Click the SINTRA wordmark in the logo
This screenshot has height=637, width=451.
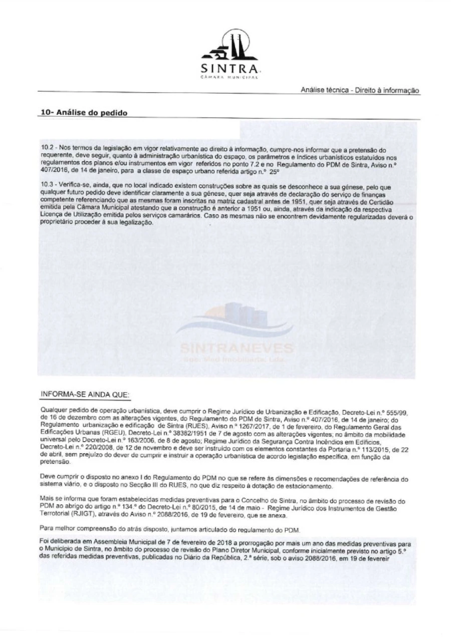point(230,68)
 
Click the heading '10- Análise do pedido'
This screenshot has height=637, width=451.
point(84,113)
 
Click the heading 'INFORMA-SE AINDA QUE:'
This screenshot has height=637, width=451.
point(85,395)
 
